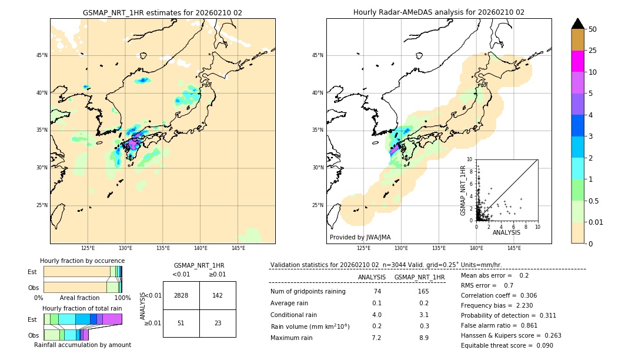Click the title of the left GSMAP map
pos(162,12)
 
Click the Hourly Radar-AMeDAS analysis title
pos(439,12)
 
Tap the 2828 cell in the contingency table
pos(181,295)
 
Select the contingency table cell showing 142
pos(218,295)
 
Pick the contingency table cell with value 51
pos(181,323)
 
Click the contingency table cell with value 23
pos(218,323)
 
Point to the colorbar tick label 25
pos(593,51)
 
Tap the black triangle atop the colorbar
pos(577,24)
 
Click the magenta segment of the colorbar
pos(577,61)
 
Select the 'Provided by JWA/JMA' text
pos(360,238)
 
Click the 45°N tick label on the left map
pos(42,55)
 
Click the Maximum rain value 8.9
pos(423,338)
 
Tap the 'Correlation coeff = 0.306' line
pos(499,295)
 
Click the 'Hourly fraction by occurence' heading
pos(82,261)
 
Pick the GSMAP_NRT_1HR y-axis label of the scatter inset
pos(463,190)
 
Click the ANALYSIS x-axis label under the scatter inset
pos(506,233)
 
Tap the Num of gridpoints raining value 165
pos(423,291)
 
